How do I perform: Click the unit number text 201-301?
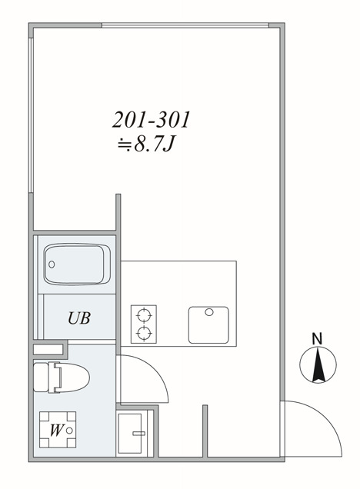coord(151,121)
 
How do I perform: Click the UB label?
coord(79,318)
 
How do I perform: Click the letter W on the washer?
coord(55,431)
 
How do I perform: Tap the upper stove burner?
coord(144,314)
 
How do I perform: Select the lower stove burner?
coord(144,333)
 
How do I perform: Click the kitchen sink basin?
coord(208,324)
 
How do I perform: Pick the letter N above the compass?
coord(316,338)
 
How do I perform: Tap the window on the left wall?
coord(30,115)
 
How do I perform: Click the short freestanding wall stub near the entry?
coord(205,431)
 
